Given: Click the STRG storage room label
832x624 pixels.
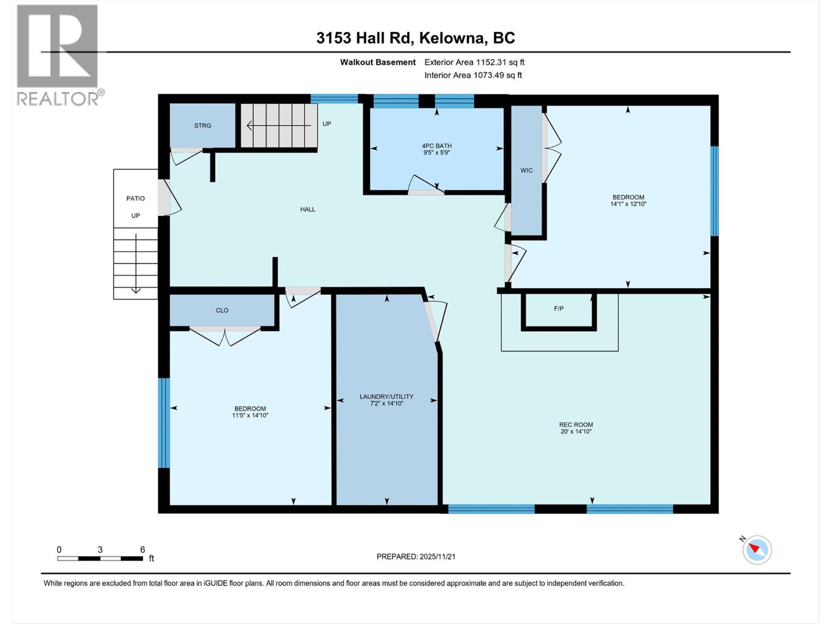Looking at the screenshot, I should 202,126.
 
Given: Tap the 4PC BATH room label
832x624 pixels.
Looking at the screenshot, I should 436,146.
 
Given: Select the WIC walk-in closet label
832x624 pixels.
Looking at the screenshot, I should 526,171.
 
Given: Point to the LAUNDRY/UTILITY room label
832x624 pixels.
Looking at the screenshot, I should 386,397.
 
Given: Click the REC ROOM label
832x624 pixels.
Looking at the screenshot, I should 576,425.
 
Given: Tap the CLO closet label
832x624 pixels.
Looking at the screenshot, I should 222,310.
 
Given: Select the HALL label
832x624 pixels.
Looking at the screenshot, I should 307,210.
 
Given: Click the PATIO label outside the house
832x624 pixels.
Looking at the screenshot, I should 135,199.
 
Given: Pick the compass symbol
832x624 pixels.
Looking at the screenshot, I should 757,550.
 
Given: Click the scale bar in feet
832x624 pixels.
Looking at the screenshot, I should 100,558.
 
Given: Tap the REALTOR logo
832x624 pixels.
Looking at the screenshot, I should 58,55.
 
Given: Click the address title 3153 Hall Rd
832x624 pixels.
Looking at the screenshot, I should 415,38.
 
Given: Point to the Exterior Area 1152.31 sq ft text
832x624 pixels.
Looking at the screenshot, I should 474,62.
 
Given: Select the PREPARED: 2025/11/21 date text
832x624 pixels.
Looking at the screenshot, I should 415,556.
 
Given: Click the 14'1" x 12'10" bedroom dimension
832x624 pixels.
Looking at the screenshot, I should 628,204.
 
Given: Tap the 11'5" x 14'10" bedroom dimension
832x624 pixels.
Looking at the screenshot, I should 250,415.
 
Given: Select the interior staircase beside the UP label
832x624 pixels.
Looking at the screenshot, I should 279,125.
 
